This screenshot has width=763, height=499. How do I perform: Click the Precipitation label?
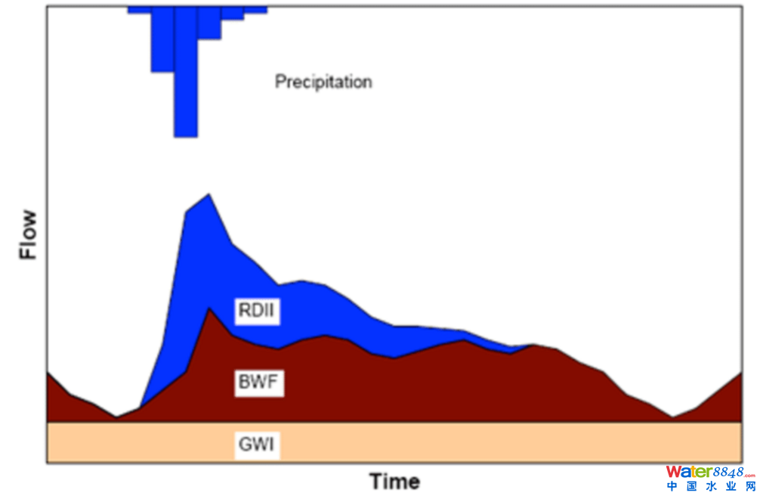click(x=323, y=82)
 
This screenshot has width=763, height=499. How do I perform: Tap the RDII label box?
click(x=257, y=311)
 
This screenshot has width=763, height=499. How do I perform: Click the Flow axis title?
click(x=29, y=235)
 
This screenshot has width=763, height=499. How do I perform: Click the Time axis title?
click(x=394, y=482)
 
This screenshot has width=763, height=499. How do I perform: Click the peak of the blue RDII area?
click(x=208, y=196)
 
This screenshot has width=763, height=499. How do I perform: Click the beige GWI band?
click(x=453, y=442)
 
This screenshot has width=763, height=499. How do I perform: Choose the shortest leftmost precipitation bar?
click(x=139, y=10)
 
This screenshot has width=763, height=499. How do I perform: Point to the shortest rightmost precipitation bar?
click(x=255, y=10)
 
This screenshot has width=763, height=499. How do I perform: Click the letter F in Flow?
click(x=29, y=253)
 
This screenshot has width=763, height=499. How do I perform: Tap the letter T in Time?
click(x=375, y=482)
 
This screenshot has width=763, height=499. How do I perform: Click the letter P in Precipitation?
click(x=280, y=82)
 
